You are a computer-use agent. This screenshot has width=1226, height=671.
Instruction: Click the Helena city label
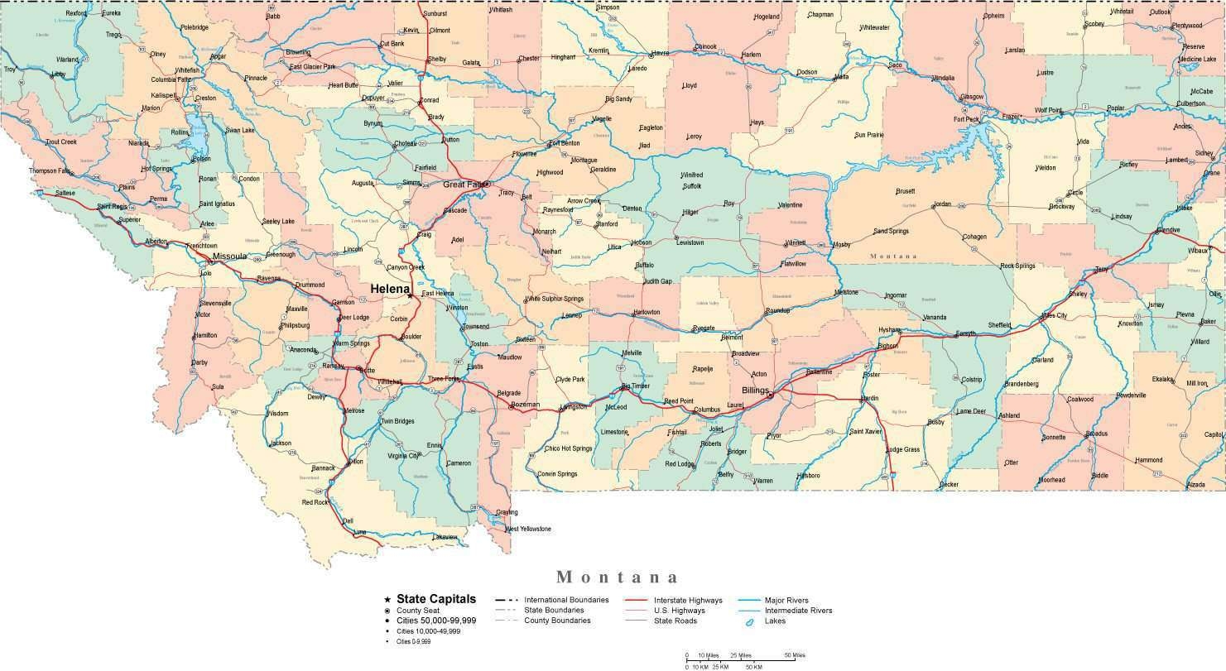click(390, 289)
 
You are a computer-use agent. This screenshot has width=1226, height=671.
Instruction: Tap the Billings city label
click(755, 390)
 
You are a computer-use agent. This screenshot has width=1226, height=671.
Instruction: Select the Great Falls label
click(464, 185)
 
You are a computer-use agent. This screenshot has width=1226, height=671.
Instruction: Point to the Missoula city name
click(229, 256)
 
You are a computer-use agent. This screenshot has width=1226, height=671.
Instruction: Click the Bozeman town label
click(525, 405)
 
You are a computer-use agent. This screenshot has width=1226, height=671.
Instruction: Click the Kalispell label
click(164, 95)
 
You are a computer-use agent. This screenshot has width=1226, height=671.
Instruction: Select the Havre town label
click(660, 53)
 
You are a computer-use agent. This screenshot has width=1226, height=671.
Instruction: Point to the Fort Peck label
click(966, 119)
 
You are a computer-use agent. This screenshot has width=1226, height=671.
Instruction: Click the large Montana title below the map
click(618, 577)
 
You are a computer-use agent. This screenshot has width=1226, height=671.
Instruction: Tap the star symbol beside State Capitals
click(387, 599)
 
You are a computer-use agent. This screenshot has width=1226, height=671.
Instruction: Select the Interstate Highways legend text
click(688, 600)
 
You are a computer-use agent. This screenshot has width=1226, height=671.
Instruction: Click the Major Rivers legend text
click(786, 600)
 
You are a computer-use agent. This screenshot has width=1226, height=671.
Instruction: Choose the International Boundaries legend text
click(566, 600)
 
